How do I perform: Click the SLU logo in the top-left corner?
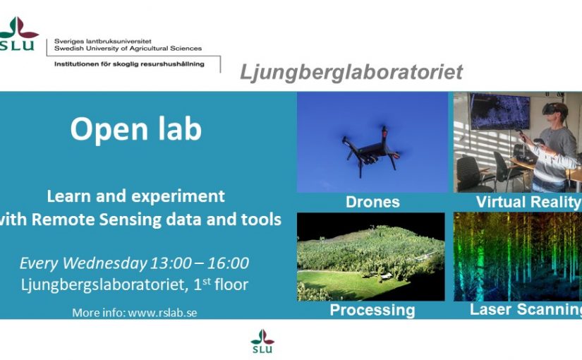point(18,33)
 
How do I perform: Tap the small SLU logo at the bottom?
point(262,341)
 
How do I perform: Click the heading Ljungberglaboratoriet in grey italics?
point(351,72)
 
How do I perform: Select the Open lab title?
point(136,128)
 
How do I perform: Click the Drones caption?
point(372,202)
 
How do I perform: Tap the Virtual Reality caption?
point(528,202)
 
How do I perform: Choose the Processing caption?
point(372,310)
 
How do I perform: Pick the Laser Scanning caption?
point(526,309)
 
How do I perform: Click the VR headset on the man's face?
point(552,109)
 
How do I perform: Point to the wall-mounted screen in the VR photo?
point(500,111)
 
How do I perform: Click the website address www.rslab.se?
point(162,313)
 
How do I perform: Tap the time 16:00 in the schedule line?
point(228,263)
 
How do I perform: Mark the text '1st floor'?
point(221,284)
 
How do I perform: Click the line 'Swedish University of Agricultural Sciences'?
point(128,49)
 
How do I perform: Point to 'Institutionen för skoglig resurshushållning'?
point(129,64)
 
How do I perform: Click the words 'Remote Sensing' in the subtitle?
point(97,220)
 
